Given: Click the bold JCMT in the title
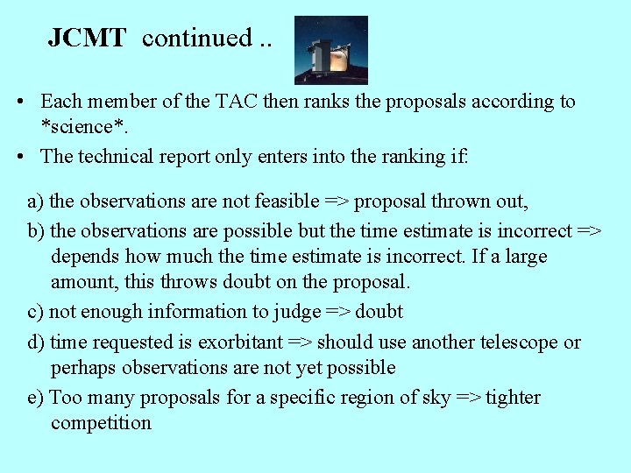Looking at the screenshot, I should click(x=87, y=38).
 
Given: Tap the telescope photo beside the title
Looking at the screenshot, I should click(x=330, y=50).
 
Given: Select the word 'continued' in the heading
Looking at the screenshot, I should click(x=196, y=38).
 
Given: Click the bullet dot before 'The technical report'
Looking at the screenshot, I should click(x=19, y=157).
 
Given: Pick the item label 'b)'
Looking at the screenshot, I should click(x=37, y=231).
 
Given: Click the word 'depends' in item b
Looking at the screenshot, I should click(x=84, y=257).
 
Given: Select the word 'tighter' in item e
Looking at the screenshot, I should click(x=514, y=398).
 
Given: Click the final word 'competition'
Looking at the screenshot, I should click(x=101, y=423).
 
